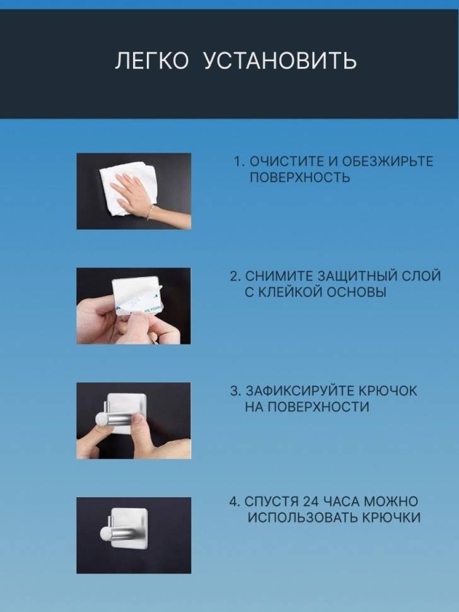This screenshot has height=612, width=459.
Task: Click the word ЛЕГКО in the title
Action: point(151,61)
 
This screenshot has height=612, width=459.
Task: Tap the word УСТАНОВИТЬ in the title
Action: point(281,61)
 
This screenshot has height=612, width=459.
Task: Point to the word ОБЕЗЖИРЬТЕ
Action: point(387,161)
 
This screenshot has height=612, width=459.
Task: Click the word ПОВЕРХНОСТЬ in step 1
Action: point(299,177)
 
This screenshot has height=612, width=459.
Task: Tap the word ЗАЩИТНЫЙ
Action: point(361,276)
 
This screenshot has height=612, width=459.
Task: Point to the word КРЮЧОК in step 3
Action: point(387,391)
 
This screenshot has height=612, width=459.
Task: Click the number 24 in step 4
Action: point(311,501)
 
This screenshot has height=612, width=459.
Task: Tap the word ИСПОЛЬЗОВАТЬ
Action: point(303,517)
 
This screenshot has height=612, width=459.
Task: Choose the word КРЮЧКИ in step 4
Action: point(392,517)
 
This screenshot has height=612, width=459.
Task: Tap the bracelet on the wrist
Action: point(150,213)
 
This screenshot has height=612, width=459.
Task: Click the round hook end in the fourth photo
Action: point(105,534)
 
